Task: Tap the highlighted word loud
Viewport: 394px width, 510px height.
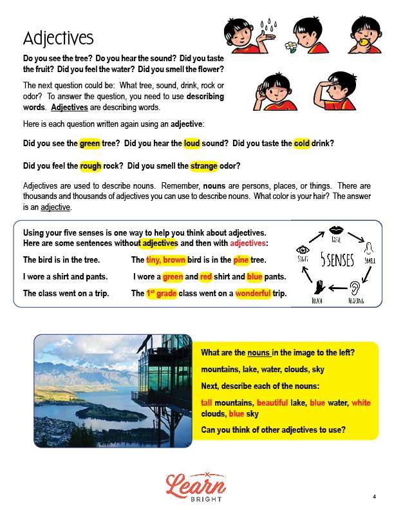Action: click(x=192, y=143)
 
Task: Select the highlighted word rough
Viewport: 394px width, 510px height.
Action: click(x=91, y=166)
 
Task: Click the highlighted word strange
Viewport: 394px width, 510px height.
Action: click(x=204, y=166)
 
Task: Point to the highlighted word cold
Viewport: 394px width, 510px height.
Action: click(x=302, y=143)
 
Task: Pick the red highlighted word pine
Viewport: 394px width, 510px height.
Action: click(x=241, y=260)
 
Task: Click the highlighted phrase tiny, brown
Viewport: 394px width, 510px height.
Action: click(x=165, y=260)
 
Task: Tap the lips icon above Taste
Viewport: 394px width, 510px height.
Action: click(x=335, y=230)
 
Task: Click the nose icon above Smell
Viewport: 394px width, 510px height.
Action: click(x=369, y=249)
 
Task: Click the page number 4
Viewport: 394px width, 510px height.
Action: click(x=373, y=496)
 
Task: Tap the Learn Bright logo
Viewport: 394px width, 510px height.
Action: click(x=195, y=486)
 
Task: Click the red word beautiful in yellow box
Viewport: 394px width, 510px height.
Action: click(x=271, y=402)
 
